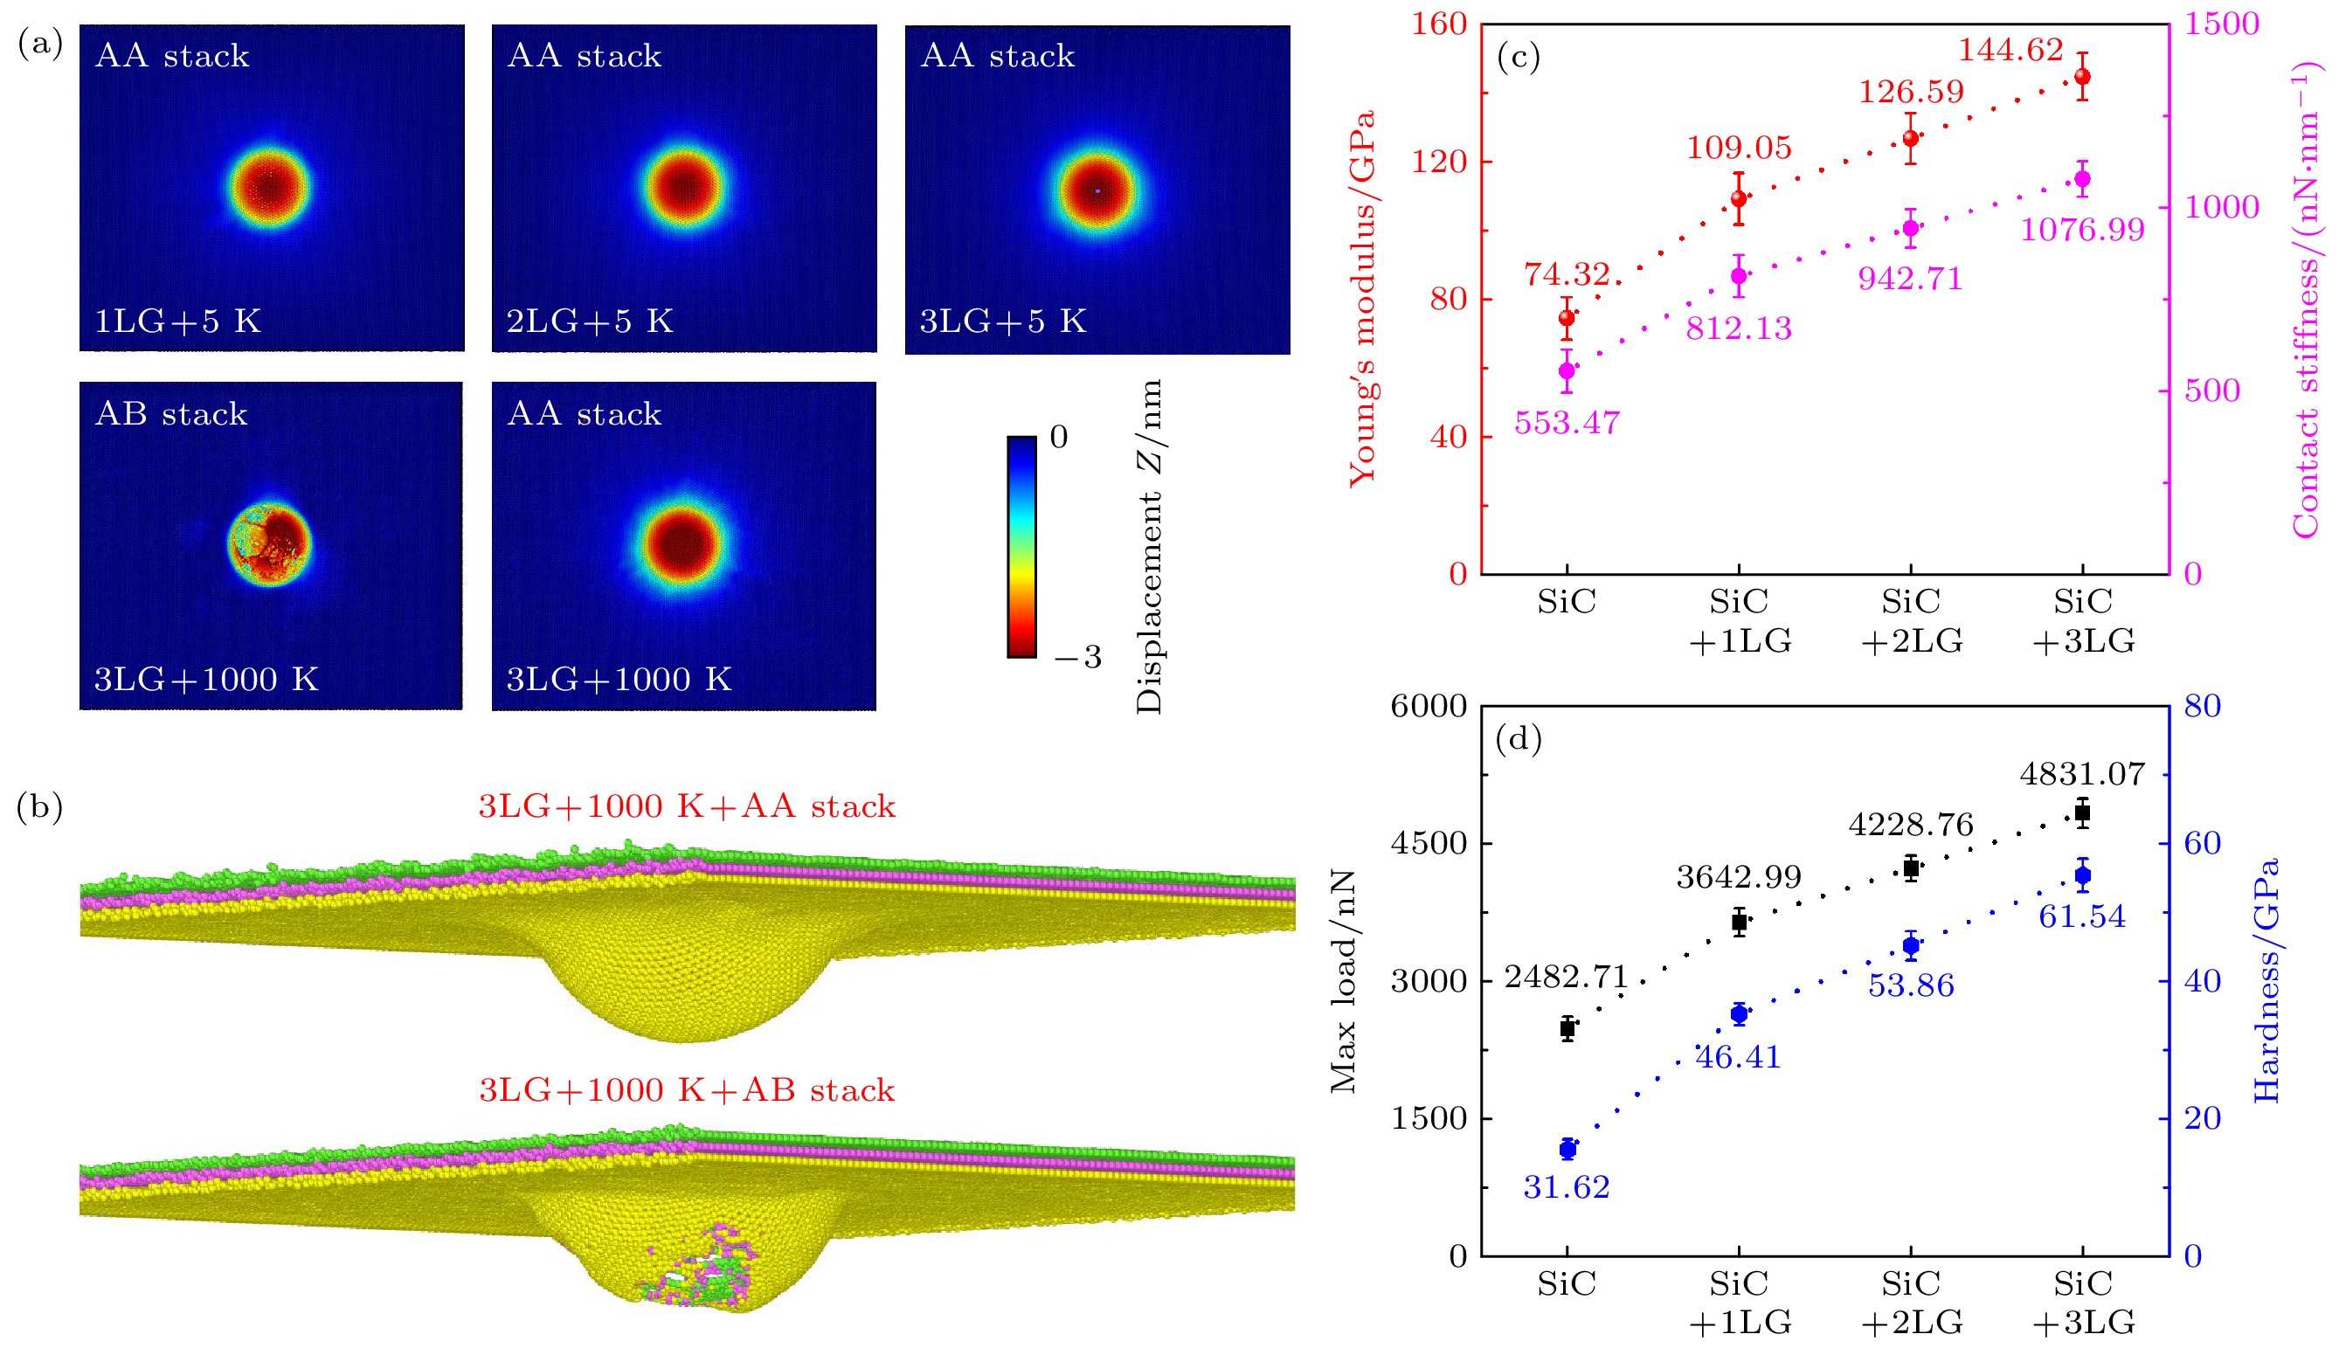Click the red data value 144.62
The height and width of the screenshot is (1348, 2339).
(2010, 50)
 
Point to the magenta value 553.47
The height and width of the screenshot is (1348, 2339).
(1567, 423)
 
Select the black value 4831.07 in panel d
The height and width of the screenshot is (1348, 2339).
(2082, 774)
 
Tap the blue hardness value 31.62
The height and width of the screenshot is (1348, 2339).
(1567, 1187)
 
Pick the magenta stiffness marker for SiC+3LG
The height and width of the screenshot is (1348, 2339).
(2082, 180)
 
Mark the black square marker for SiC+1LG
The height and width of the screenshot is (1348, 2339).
(1739, 923)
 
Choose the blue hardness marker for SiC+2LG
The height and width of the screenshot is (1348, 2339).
(1911, 946)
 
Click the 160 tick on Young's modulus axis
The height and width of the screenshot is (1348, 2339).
(1439, 24)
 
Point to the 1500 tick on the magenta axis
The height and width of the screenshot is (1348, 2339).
(2221, 24)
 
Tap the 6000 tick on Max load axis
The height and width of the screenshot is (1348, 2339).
(1429, 707)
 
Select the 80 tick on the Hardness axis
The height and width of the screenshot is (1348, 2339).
(2203, 707)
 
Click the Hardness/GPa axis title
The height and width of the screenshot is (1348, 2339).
(2266, 980)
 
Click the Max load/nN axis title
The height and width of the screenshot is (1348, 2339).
(1343, 981)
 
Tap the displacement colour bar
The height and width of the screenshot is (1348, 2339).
(1021, 546)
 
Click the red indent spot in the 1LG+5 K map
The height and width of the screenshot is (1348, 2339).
(269, 187)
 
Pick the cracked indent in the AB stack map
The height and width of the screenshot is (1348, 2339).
(269, 544)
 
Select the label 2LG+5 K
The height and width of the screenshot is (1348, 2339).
(590, 321)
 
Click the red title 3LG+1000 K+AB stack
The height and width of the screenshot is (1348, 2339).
(686, 1090)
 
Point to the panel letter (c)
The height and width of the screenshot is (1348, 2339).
(1519, 58)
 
